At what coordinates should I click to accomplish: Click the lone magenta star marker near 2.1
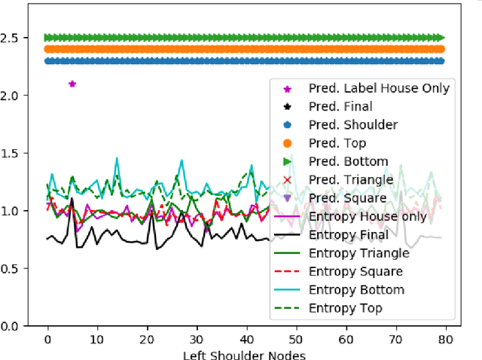pyautogui.click(x=72, y=84)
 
